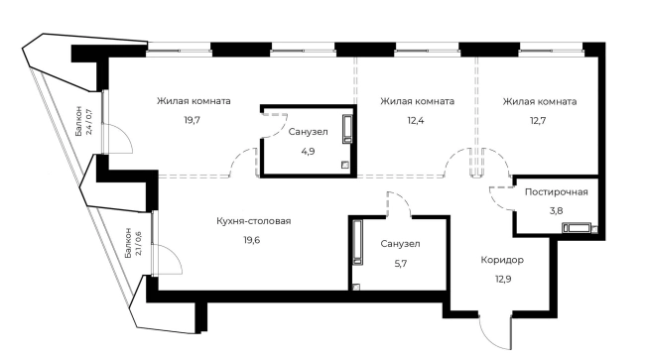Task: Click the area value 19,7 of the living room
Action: (x=192, y=119)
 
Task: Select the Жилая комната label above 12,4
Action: (x=418, y=101)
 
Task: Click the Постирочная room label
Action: (x=557, y=192)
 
